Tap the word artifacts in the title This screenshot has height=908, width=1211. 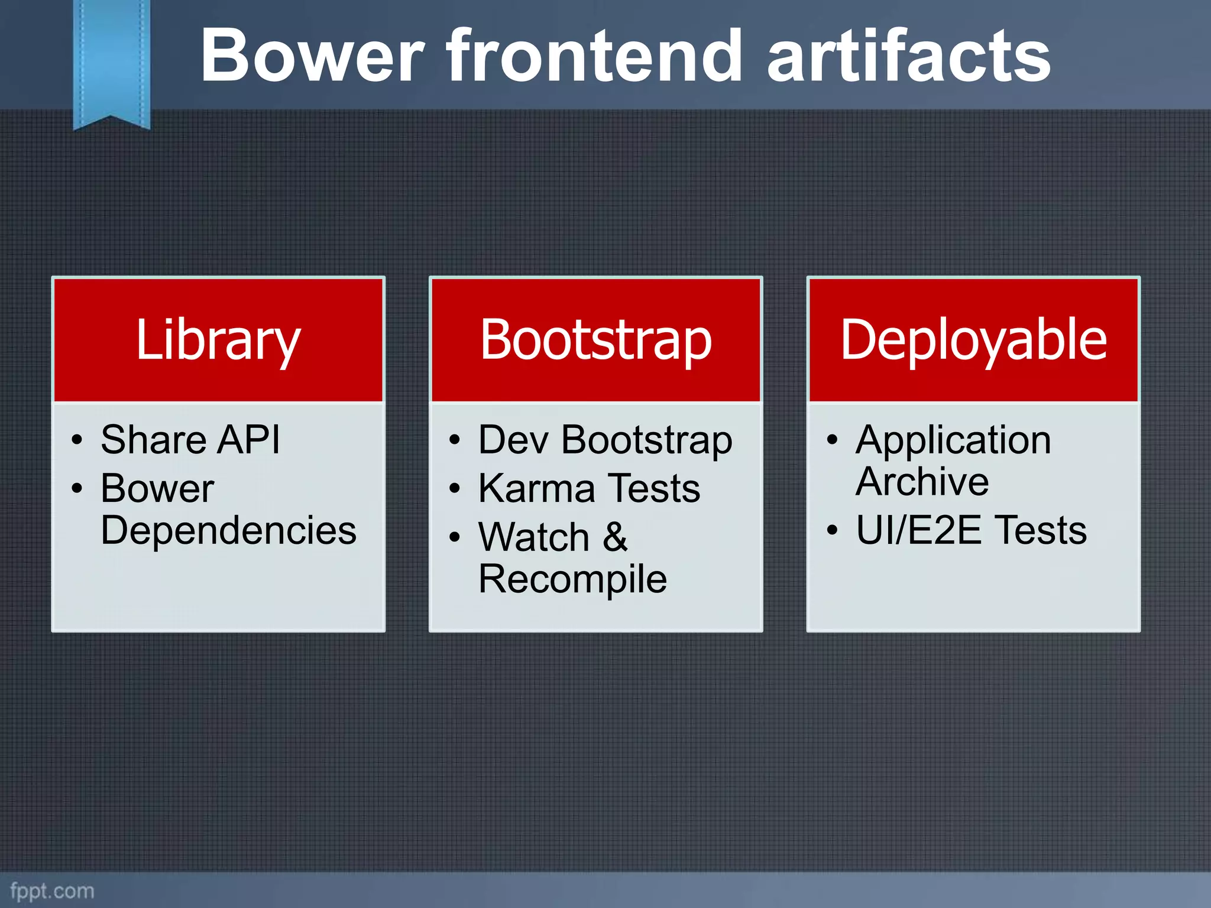(908, 56)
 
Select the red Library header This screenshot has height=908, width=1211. (218, 340)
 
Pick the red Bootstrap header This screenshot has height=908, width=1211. (595, 340)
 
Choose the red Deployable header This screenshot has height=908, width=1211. (973, 340)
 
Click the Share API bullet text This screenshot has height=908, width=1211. (190, 440)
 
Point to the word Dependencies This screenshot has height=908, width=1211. (228, 530)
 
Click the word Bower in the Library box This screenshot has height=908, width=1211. (157, 489)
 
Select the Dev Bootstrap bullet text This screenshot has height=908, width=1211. (605, 440)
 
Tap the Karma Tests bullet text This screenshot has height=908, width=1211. (589, 489)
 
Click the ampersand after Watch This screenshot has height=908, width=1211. (616, 537)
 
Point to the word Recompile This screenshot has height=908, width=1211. (572, 579)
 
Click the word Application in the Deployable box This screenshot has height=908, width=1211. (953, 440)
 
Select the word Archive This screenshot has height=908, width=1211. (922, 482)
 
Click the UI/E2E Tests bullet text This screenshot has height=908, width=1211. (971, 530)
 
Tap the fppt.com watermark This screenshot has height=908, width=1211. (52, 891)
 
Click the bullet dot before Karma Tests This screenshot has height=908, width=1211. (454, 489)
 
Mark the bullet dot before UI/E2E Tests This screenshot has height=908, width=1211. (832, 531)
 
